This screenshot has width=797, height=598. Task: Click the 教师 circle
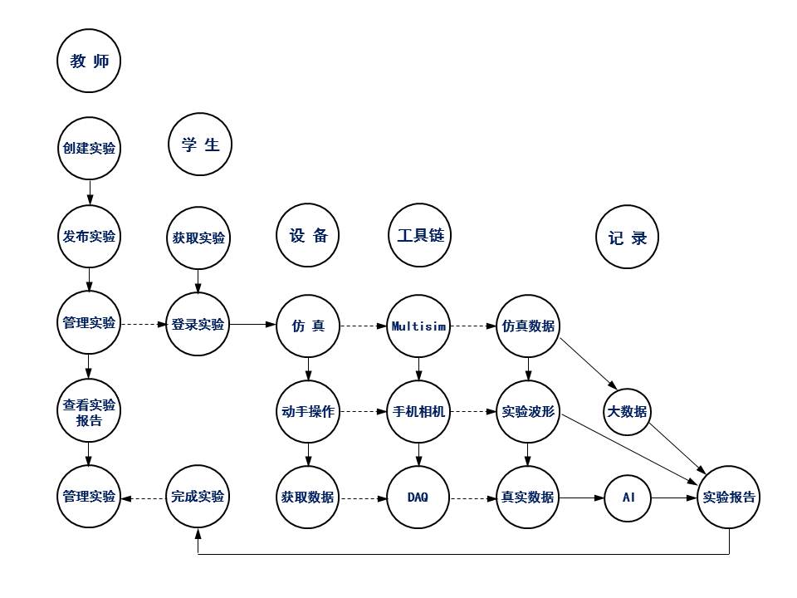pos(90,61)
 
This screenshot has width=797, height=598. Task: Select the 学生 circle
pos(200,145)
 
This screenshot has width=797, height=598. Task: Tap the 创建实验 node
pos(90,149)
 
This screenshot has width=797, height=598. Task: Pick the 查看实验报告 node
pos(90,411)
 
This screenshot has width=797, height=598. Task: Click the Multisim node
pos(418,326)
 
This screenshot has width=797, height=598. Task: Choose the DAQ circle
pos(418,498)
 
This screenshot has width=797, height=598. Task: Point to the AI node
pos(628,498)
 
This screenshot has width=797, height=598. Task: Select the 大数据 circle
pos(628,411)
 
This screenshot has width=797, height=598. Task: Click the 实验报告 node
pos(729,498)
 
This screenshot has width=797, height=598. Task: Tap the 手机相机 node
pos(418,411)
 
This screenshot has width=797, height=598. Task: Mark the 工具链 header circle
pos(418,236)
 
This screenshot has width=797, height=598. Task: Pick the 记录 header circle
pos(628,238)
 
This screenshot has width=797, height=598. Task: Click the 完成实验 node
pos(198,498)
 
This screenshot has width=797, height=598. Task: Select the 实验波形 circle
pos(528,411)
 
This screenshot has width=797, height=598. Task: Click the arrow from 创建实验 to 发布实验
pos(90,193)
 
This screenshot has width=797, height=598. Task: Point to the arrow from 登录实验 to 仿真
pos(252,326)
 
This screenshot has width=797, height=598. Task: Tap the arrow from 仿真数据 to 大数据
pos(586,363)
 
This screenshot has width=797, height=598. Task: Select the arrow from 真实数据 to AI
pos(579,498)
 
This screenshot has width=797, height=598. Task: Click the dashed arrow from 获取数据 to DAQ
pos(363,498)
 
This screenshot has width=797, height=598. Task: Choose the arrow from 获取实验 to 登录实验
pos(198,281)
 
